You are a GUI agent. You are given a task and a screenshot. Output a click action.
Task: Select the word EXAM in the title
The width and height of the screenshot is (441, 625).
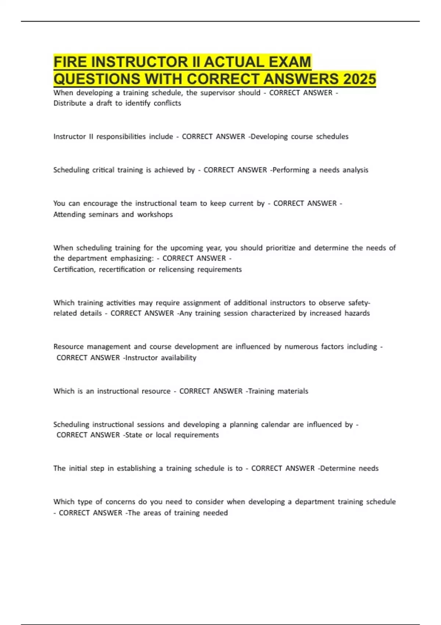pyautogui.click(x=290, y=62)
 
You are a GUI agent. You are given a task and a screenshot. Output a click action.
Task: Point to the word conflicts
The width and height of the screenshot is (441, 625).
pyautogui.click(x=167, y=103)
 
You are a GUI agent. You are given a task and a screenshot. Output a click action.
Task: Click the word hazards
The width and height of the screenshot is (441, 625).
pyautogui.click(x=357, y=313)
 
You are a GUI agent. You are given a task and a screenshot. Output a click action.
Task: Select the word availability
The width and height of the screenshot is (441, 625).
pyautogui.click(x=179, y=358)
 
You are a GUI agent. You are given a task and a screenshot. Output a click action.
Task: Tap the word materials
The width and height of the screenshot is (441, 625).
pyautogui.click(x=293, y=391)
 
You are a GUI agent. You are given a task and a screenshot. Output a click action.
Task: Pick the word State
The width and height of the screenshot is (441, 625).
pyautogui.click(x=133, y=435)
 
